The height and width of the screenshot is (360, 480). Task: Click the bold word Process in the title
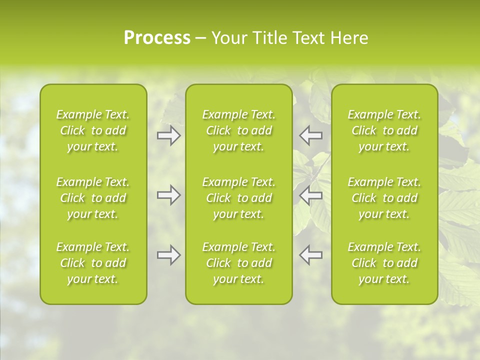click(x=157, y=38)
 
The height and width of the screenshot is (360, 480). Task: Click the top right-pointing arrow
click(x=168, y=135)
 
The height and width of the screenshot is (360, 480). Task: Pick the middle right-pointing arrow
click(x=168, y=195)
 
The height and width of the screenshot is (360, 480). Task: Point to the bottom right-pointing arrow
click(x=168, y=255)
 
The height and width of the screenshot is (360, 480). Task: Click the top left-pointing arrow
click(x=311, y=135)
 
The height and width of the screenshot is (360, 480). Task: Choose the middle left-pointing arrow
click(x=311, y=195)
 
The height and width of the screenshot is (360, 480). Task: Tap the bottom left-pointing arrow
click(x=311, y=255)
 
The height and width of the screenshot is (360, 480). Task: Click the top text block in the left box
click(x=93, y=130)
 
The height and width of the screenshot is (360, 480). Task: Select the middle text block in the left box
click(x=93, y=198)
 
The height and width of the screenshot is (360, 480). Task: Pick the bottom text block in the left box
click(x=93, y=263)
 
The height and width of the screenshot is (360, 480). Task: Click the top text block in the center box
click(x=239, y=130)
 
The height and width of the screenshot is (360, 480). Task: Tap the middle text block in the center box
click(x=239, y=198)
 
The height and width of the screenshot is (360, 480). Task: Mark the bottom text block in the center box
click(x=239, y=263)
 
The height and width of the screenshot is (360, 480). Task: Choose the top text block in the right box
click(x=384, y=130)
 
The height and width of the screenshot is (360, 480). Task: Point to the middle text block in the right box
click(x=384, y=198)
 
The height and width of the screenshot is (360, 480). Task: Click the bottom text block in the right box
click(x=384, y=263)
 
